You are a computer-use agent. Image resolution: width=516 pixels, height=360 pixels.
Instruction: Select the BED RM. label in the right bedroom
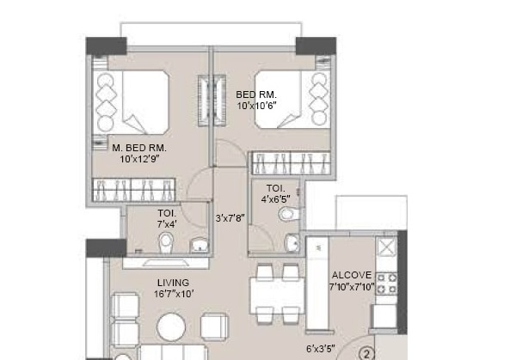point(255,95)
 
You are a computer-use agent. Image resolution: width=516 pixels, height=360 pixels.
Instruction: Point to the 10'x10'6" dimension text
point(255,107)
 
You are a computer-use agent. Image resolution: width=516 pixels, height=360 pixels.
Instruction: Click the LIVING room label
point(173,283)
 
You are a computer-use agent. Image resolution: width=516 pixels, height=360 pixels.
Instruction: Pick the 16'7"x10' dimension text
point(173,294)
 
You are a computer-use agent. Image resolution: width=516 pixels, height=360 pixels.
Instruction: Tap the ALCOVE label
point(351,276)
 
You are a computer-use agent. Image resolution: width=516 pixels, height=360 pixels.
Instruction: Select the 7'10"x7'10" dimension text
point(351,287)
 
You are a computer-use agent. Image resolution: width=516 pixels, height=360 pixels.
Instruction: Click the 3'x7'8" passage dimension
point(230,218)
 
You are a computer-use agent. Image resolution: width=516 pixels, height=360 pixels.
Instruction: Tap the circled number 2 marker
point(365,352)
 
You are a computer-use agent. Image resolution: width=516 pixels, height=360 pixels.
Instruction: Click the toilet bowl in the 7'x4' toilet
point(171,247)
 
